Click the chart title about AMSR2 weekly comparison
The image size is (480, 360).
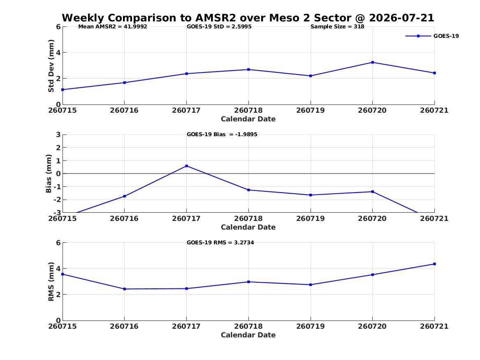point(248,18)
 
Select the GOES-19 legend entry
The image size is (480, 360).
point(432,36)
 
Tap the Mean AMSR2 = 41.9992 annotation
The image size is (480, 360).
point(113,27)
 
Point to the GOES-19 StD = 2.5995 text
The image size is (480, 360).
point(219,27)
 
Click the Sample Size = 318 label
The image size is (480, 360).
point(337,27)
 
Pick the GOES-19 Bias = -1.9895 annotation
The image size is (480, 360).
point(222,135)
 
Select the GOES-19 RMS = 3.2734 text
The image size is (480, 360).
point(220,242)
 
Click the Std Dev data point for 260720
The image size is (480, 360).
point(373,63)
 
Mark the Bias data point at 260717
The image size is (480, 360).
point(187,166)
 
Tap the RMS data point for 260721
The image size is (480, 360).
point(434,264)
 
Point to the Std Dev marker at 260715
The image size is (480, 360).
point(63,90)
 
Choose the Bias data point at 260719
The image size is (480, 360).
point(311,195)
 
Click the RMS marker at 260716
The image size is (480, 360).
point(125,289)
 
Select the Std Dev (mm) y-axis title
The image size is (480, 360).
point(51,66)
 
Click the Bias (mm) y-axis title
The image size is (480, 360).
point(49,174)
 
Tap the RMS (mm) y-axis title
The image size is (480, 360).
point(51,282)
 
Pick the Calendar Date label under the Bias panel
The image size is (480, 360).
point(248,227)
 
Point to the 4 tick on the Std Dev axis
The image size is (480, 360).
point(58,53)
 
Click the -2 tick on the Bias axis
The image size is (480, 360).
point(57,200)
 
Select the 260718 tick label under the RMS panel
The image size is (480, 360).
point(248,326)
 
